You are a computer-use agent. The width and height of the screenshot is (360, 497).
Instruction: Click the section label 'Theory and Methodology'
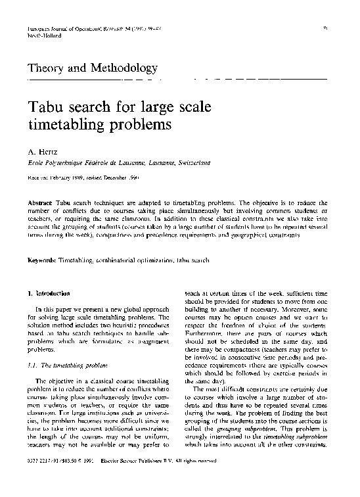tap(93, 68)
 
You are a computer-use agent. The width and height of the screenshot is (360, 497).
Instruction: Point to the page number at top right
tap(325, 28)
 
